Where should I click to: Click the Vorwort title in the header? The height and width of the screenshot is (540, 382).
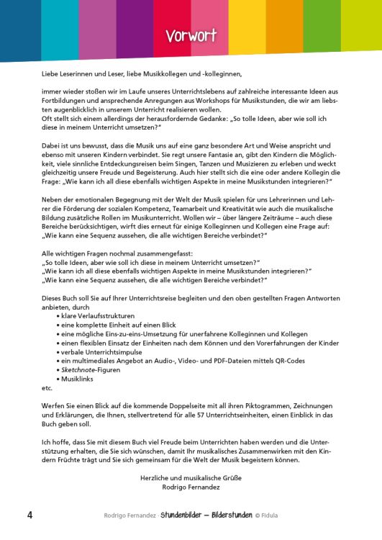[x=191, y=36]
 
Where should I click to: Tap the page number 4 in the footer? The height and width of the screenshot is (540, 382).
[x=29, y=515]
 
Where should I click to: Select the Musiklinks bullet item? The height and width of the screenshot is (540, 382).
[x=78, y=377]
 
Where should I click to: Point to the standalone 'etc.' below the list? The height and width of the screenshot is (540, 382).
[x=47, y=387]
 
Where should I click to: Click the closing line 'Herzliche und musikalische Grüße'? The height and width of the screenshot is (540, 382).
[x=191, y=477]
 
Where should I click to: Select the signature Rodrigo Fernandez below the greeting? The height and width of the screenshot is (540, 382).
[x=191, y=487]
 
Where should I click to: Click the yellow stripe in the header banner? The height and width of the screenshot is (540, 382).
[x=248, y=29]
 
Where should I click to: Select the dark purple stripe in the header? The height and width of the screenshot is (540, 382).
[x=133, y=29]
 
